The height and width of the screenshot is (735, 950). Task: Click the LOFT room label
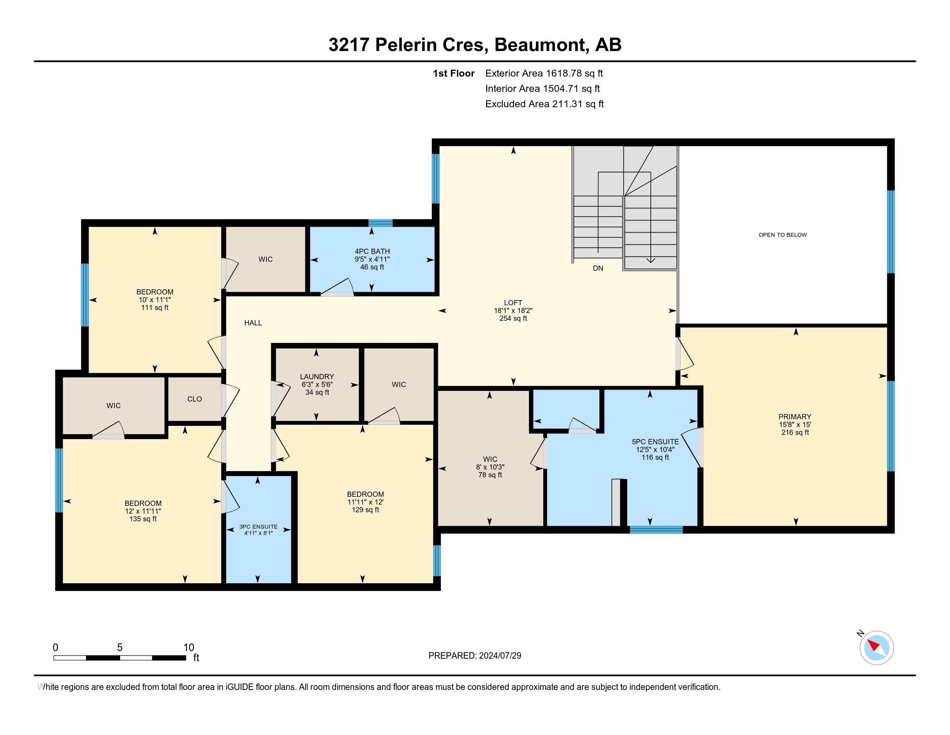coord(513,303)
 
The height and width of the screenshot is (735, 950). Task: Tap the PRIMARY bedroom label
coord(795,417)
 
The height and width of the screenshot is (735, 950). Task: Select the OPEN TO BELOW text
coord(782,235)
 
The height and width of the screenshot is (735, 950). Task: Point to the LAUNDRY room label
coord(317,377)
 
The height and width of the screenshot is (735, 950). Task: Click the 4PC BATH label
coord(372,251)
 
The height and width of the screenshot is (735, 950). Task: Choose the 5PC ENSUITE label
coord(655,441)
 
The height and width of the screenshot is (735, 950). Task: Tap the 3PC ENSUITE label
coord(258,527)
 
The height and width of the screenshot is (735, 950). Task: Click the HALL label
coord(253,323)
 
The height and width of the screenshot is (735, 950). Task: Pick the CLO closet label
coord(194,399)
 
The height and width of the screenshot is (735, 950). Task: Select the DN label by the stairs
coord(598,268)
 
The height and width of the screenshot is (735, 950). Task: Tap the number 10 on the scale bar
coord(189,648)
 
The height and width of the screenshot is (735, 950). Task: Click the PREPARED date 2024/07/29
coord(499,656)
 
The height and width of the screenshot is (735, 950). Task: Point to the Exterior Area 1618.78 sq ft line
coord(544,73)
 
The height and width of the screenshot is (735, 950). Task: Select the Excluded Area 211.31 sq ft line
coord(545,104)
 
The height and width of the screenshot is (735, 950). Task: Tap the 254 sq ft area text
coord(513,318)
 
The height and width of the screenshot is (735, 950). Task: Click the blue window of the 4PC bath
coord(380,223)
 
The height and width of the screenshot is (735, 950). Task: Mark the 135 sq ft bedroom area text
coord(142,519)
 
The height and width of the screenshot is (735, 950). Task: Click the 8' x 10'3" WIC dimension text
coord(490,467)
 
